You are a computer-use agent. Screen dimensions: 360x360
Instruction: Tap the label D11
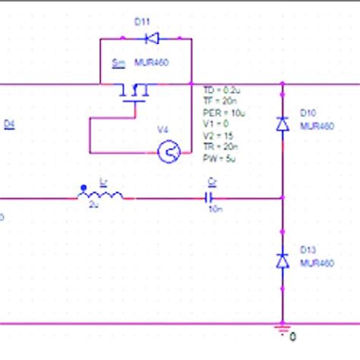point(142,22)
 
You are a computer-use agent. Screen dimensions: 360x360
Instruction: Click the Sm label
point(118,65)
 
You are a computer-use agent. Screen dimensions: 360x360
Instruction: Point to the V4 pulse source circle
point(168,153)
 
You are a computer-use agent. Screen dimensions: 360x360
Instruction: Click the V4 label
point(163,130)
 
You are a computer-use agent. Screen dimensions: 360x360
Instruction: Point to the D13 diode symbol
point(283,261)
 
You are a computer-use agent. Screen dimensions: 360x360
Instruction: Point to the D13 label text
point(308,249)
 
